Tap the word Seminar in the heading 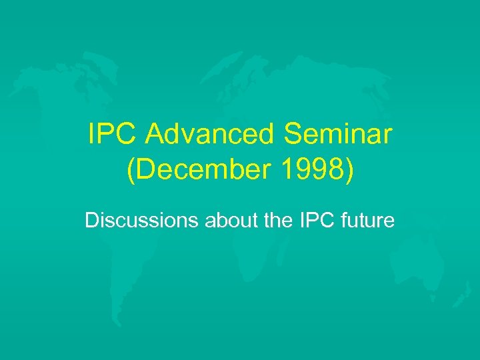(x=338, y=136)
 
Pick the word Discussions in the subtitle (x=141, y=220)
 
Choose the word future (x=367, y=220)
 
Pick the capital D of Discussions (x=91, y=220)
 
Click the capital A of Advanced (x=155, y=136)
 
